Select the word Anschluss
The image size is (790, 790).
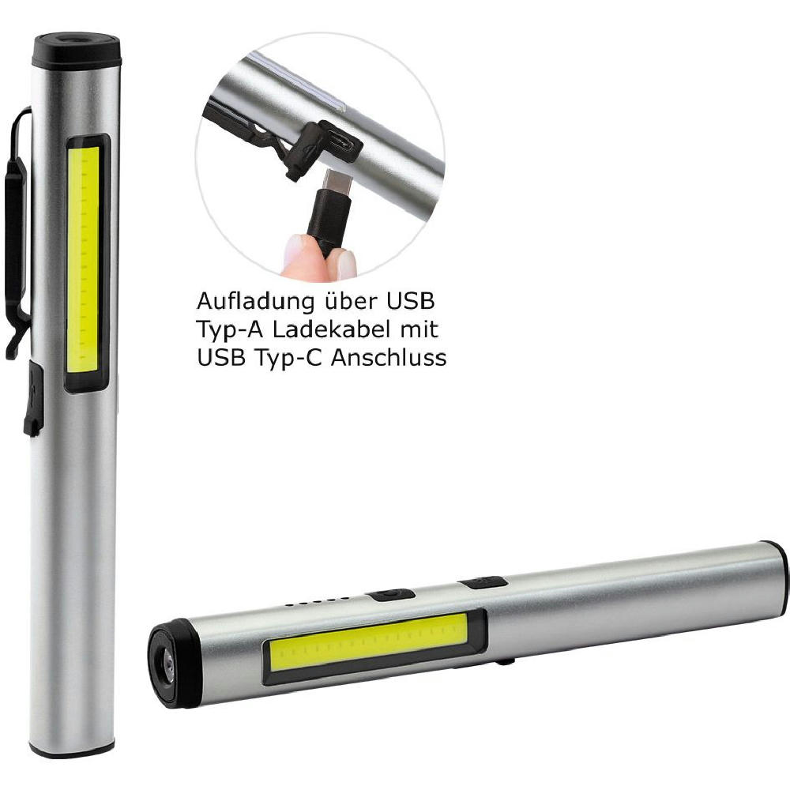[389, 358]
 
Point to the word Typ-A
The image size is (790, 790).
[230, 330]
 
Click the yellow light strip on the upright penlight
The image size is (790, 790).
[83, 260]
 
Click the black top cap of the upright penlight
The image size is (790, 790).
[77, 49]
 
